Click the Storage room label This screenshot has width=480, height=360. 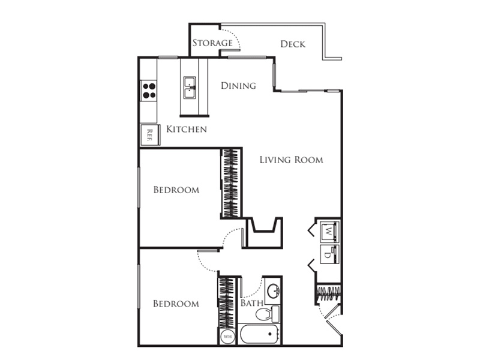point(212,43)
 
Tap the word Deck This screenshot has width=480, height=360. point(293,44)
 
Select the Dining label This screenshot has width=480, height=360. point(238,85)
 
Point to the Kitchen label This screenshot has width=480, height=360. point(187,129)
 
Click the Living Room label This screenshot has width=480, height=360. point(291,160)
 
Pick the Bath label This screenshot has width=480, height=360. point(251,303)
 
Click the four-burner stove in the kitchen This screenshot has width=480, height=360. point(149,91)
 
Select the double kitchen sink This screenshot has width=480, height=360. point(190,88)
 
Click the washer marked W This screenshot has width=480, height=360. point(329,231)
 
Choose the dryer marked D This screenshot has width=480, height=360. point(329,254)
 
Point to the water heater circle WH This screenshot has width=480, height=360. point(227,337)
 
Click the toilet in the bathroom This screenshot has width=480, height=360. point(267,314)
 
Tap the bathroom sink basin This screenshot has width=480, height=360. point(273,291)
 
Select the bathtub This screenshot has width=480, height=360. point(259,334)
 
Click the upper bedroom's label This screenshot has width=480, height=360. point(176,190)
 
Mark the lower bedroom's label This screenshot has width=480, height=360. point(176,304)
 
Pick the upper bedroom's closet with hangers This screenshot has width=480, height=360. point(231,183)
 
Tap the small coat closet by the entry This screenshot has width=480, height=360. point(328,294)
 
